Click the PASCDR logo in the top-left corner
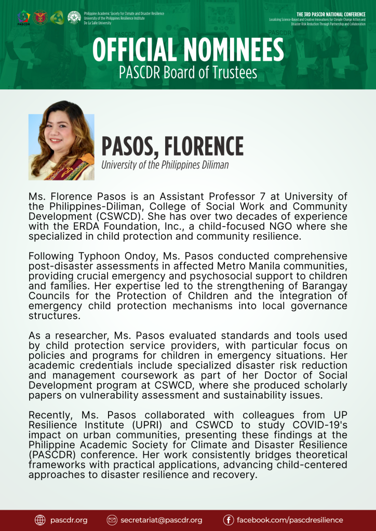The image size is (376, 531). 23,18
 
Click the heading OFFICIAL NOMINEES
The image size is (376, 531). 188,50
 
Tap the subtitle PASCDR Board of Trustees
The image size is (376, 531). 188,72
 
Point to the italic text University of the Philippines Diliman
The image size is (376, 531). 165,165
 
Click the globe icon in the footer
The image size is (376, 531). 40,520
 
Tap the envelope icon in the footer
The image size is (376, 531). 112,520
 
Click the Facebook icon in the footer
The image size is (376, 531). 228,520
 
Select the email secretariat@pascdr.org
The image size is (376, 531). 161,520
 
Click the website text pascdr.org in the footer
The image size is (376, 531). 69,520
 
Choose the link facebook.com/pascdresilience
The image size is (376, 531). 290,520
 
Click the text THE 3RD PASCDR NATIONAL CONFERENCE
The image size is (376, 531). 331,14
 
